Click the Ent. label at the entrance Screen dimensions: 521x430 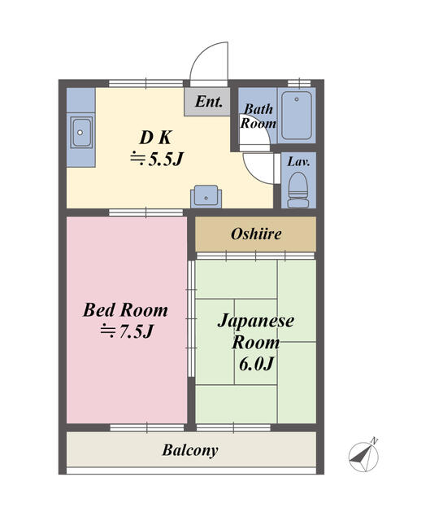click(x=210, y=103)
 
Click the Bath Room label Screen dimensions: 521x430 click(x=259, y=116)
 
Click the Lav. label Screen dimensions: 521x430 click(x=298, y=160)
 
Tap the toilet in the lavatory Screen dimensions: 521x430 click(x=298, y=188)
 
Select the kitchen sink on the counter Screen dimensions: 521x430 click(x=80, y=132)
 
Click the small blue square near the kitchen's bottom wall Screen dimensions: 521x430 click(x=206, y=195)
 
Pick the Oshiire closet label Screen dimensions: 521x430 click(x=255, y=234)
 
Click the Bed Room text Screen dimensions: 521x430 click(x=126, y=310)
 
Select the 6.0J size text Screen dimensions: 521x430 click(x=255, y=363)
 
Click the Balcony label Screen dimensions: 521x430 click(x=190, y=449)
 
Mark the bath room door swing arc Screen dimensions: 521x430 click(x=258, y=165)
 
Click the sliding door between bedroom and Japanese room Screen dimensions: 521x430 click(x=191, y=317)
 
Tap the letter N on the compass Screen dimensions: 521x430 click(x=375, y=441)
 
